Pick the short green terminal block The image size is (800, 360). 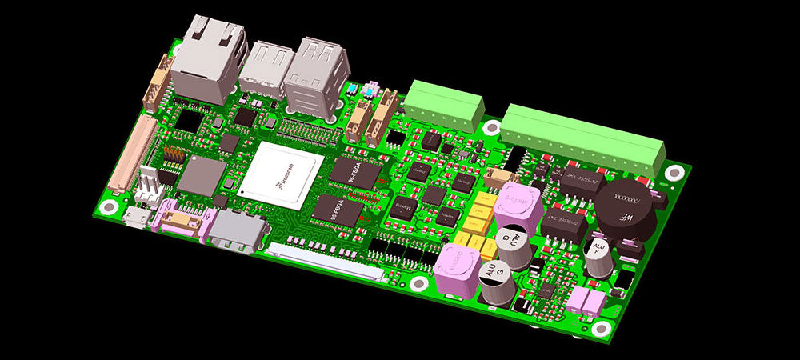pyautogui.click(x=443, y=106)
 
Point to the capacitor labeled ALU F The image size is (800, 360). pyautogui.click(x=598, y=259)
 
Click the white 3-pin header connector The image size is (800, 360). pyautogui.click(x=150, y=185)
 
